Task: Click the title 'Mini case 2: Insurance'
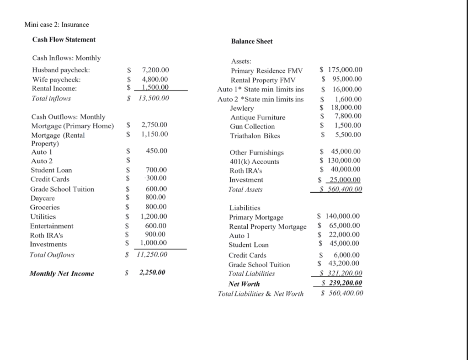point(57,24)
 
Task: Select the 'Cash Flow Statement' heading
point(64,39)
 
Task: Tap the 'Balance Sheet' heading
point(251,41)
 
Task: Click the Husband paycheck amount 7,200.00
point(155,70)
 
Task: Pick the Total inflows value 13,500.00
point(154,98)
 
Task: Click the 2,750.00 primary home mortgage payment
point(154,124)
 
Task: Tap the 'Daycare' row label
point(43,198)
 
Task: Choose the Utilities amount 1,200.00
point(154,216)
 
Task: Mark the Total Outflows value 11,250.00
point(152,254)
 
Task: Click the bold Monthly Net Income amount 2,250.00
point(152,273)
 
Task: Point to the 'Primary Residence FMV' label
point(267,71)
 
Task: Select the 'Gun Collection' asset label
point(252,126)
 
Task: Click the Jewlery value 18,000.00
point(346,107)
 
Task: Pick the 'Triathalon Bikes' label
point(255,135)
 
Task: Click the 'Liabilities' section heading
point(245,208)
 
